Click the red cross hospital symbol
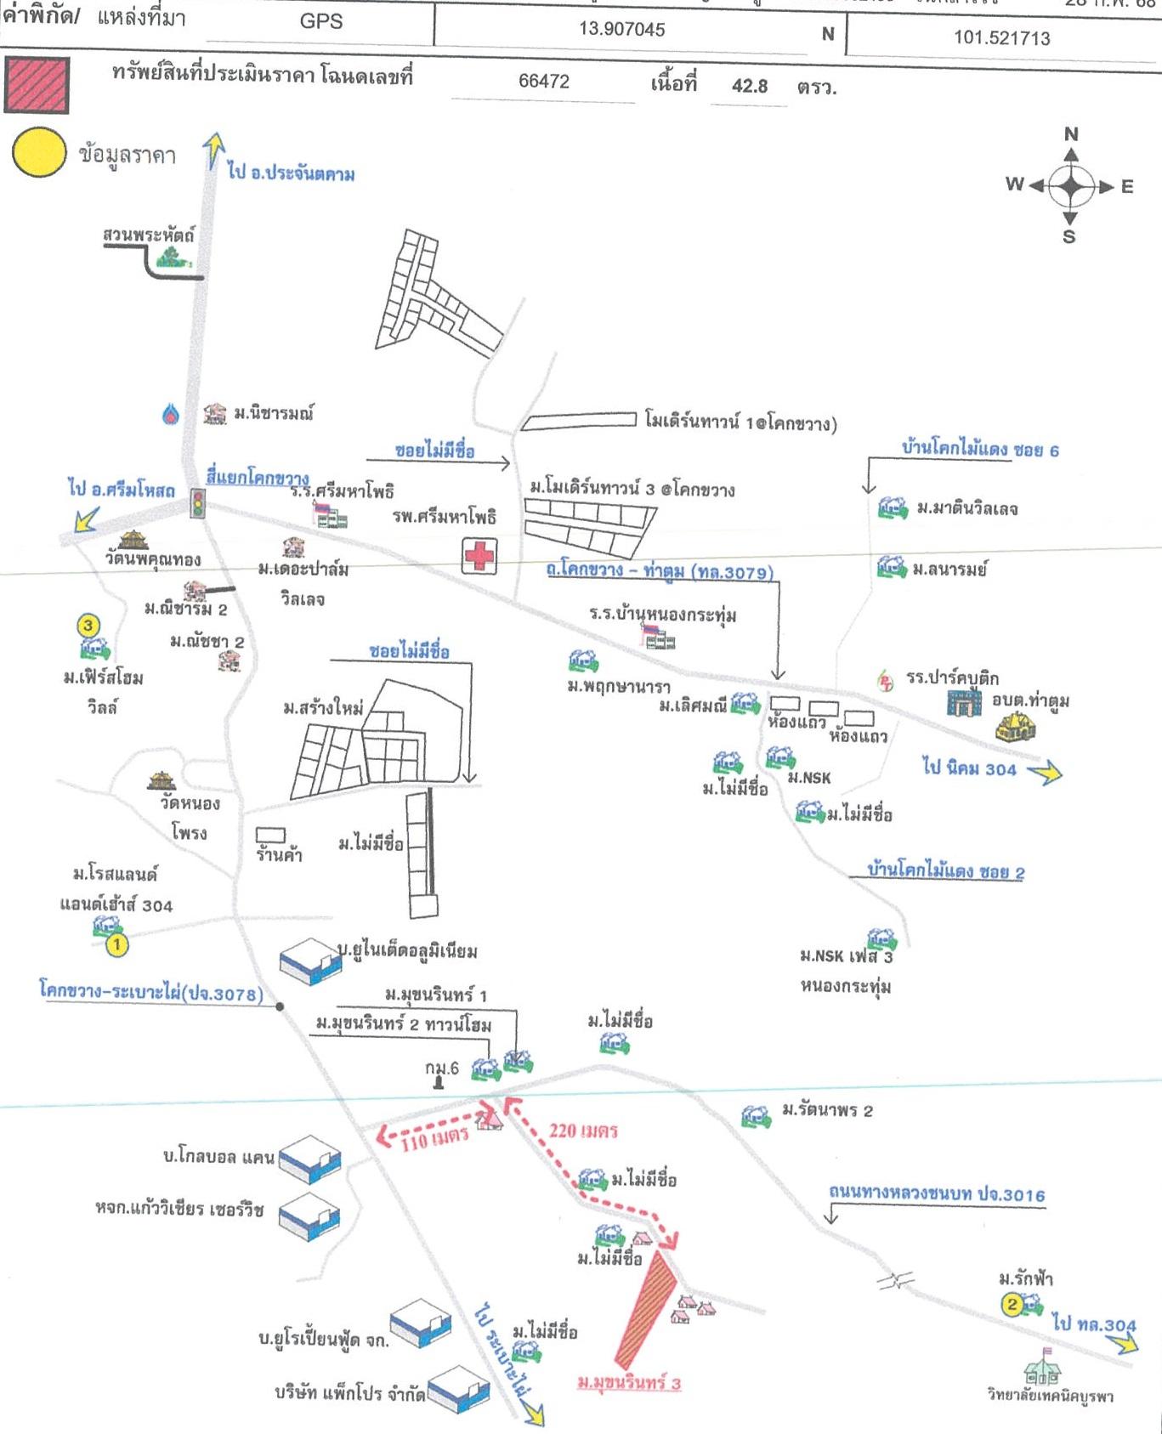click(479, 557)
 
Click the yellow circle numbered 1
click(116, 944)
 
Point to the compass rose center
click(1070, 186)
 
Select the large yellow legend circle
click(39, 153)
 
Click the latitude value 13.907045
click(622, 30)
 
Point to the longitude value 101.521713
click(1001, 38)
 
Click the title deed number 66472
click(544, 82)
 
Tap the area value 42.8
click(750, 87)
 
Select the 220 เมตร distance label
click(583, 1131)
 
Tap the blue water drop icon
click(172, 414)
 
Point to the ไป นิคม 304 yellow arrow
click(1045, 772)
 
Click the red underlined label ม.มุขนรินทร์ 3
click(629, 1384)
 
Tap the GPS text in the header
click(321, 22)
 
